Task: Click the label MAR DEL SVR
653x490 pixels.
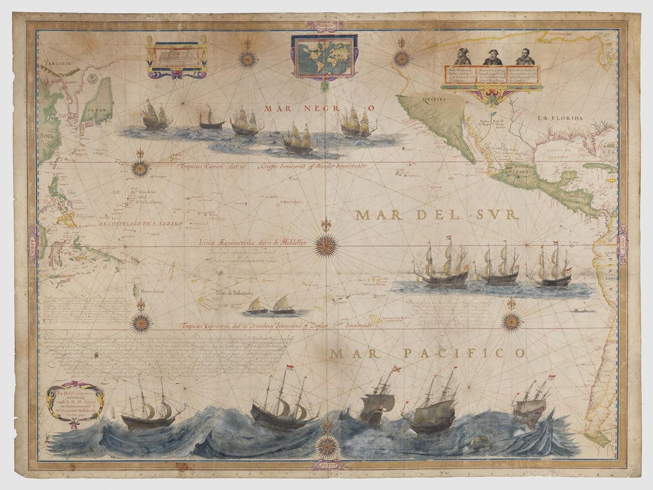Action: tap(436, 215)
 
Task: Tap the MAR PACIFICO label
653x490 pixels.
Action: tap(427, 353)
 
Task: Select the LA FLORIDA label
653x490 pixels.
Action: tap(560, 118)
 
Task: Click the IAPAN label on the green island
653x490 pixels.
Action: tap(93, 105)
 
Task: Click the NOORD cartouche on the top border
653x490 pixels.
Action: tap(325, 26)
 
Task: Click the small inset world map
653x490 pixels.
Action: tap(324, 56)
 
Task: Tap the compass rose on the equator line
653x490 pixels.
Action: tap(326, 245)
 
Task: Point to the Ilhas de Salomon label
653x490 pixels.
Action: tap(234, 293)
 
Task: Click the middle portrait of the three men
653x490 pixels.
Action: tap(493, 57)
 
